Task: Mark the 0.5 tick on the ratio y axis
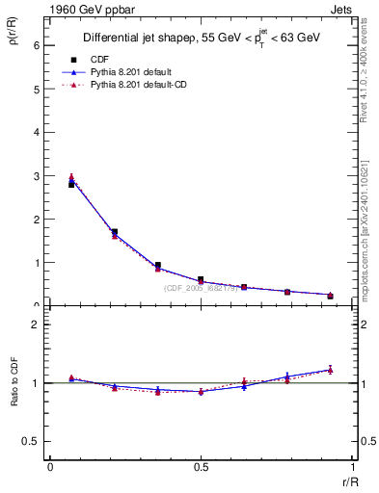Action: pyautogui.click(x=34, y=441)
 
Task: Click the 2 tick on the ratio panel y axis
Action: pyautogui.click(x=37, y=324)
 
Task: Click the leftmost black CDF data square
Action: pyautogui.click(x=71, y=184)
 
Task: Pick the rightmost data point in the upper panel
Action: pyautogui.click(x=330, y=296)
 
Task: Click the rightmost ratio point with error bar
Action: pyautogui.click(x=330, y=369)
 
